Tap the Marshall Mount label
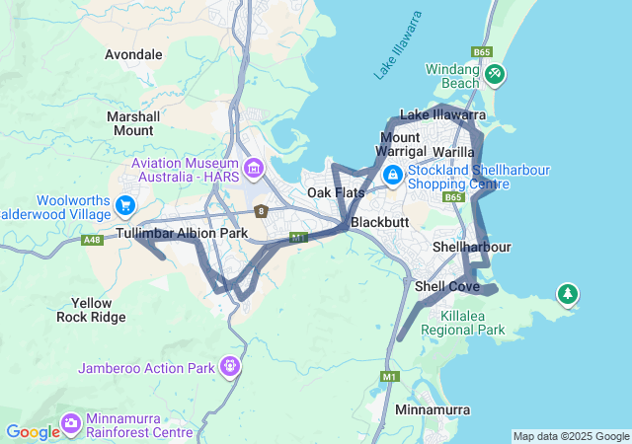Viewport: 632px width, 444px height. point(133,123)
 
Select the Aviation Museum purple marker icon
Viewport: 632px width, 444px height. point(255,169)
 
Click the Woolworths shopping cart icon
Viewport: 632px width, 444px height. point(125,205)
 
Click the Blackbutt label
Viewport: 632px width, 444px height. point(380,222)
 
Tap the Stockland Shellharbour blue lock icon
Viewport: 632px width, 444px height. point(393,176)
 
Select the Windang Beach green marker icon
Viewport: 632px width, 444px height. point(495,73)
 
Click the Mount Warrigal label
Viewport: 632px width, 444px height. point(400,144)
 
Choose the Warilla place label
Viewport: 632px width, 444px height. point(454,152)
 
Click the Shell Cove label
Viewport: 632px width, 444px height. point(447,286)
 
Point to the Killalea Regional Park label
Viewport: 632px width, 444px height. point(459,322)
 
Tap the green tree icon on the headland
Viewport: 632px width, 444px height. point(567,293)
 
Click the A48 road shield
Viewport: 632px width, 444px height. point(93,240)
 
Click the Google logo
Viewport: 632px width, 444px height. point(33,432)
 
